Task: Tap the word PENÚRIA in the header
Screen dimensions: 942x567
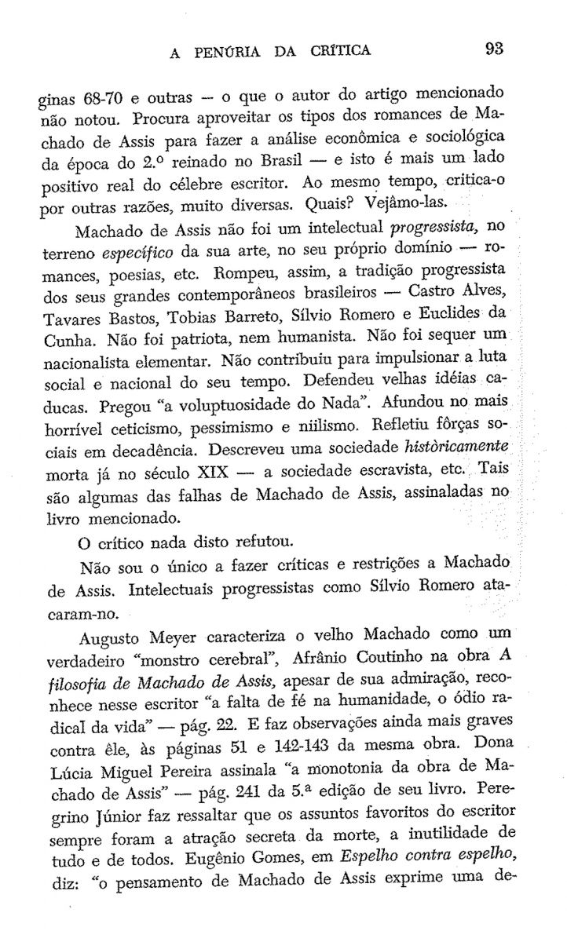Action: click(x=232, y=51)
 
